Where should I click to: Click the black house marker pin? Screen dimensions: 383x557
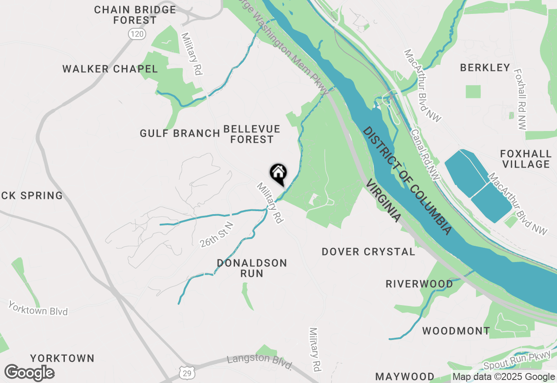pos(278,174)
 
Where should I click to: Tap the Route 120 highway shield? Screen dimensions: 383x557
pos(137,34)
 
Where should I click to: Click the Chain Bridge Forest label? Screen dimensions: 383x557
pos(135,15)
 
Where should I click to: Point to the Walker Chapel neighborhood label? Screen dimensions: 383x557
pos(110,69)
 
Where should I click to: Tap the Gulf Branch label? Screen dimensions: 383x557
pos(180,133)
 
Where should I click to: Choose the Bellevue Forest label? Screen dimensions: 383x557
pos(252,134)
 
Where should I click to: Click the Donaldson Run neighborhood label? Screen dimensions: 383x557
pos(252,268)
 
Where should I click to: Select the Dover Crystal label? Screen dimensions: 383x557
pos(369,252)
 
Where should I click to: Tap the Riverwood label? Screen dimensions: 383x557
pos(419,284)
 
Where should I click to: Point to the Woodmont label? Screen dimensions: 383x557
pos(456,331)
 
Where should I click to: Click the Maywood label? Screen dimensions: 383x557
pos(405,376)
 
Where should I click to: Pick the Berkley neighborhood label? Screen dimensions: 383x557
pos(485,67)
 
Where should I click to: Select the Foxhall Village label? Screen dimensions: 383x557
pos(526,159)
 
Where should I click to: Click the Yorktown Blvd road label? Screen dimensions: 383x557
pos(38,309)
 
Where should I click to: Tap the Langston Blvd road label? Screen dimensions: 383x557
pos(260,362)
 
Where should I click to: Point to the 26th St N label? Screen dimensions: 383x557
pos(217,235)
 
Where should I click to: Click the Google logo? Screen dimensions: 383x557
pos(30,373)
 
